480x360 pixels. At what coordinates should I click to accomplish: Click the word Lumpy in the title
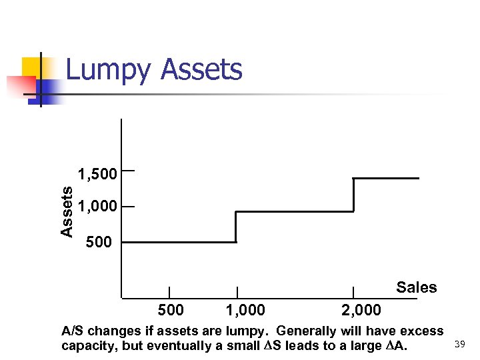tap(109, 71)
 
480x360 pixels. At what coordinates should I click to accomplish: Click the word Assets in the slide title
tap(202, 69)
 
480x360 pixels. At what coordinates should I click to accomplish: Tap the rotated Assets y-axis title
tap(67, 211)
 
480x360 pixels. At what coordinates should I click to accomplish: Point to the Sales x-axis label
tap(416, 287)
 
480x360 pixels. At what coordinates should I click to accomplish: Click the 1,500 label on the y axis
tap(97, 175)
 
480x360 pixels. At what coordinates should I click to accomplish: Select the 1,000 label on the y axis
tap(97, 207)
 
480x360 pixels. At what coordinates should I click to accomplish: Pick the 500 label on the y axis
tap(99, 242)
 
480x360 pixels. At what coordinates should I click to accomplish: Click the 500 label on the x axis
tap(171, 310)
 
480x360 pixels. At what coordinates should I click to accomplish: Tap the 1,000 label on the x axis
tap(245, 310)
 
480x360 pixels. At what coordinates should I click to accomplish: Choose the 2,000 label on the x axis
tap(361, 310)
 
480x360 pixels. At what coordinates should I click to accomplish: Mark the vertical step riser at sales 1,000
tap(236, 227)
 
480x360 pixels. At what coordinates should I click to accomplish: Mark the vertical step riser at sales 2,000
tap(353, 195)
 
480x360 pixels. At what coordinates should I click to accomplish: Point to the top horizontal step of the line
tap(386, 178)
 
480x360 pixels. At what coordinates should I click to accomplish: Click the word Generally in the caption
tap(305, 331)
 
